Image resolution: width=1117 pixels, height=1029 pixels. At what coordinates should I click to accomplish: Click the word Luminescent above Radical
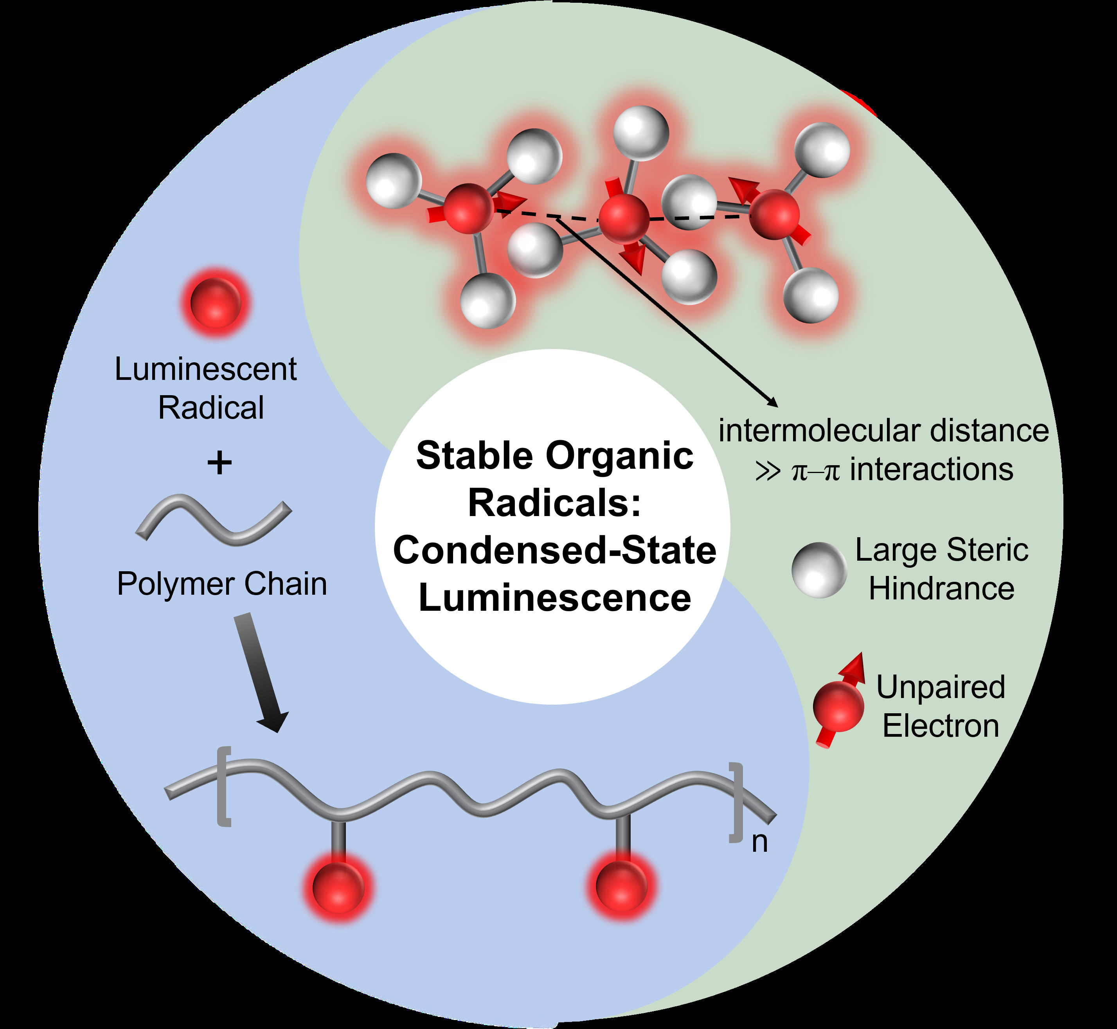tap(205, 369)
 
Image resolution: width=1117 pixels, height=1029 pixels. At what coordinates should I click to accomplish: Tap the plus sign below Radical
tap(219, 463)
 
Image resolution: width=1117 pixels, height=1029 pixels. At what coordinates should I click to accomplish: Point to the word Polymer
tap(175, 585)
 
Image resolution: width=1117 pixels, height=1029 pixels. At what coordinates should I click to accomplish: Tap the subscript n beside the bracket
tap(759, 842)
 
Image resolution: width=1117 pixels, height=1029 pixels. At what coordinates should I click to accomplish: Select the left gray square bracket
tap(223, 787)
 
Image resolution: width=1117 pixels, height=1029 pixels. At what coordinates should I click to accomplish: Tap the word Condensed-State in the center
tap(555, 550)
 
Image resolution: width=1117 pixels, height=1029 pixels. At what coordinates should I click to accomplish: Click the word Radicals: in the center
tap(555, 503)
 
